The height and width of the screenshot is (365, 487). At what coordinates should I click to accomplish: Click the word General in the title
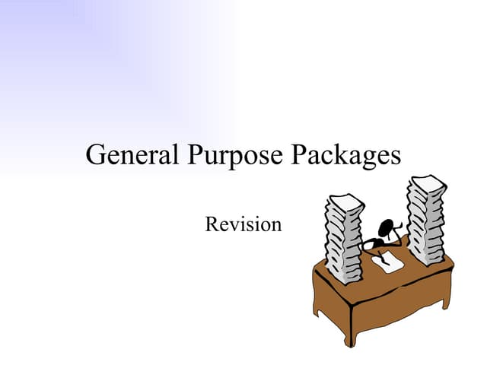[132, 154]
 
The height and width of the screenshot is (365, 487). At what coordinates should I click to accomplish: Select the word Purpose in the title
[235, 156]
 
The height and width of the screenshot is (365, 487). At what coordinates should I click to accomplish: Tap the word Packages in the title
[345, 156]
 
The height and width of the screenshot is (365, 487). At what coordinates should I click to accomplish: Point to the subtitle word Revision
[243, 224]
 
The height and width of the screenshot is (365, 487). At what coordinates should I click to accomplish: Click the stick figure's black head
[386, 227]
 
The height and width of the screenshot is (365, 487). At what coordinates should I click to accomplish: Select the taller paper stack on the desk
[426, 220]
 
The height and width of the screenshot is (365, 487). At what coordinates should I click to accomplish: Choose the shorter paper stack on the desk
[345, 239]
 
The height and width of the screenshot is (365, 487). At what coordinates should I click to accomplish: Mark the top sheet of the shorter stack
[345, 202]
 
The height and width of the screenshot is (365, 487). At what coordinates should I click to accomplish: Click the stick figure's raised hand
[399, 224]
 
